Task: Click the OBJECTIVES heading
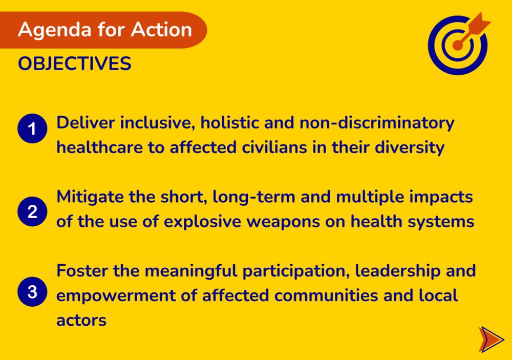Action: point(75,64)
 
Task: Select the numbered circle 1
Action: point(32,129)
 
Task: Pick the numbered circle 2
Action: point(32,211)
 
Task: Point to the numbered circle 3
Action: point(32,292)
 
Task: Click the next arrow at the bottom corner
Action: point(490,339)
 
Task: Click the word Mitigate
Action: point(90,197)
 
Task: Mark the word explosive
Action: point(221,222)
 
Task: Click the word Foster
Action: point(82,270)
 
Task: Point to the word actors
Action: point(81,320)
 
